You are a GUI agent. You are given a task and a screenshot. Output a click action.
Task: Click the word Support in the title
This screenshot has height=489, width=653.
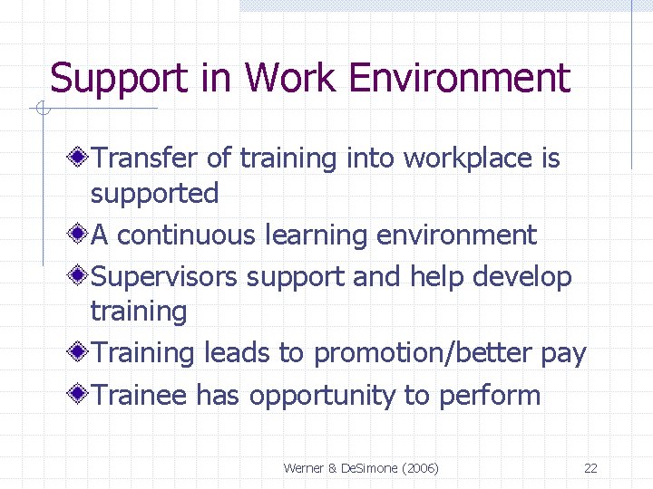113,79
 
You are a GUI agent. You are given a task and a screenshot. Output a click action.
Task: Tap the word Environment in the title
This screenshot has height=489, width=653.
459,79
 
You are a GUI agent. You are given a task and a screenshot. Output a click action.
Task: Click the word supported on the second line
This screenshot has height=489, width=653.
154,193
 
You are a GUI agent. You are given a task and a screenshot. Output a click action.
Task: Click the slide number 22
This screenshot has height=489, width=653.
590,468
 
